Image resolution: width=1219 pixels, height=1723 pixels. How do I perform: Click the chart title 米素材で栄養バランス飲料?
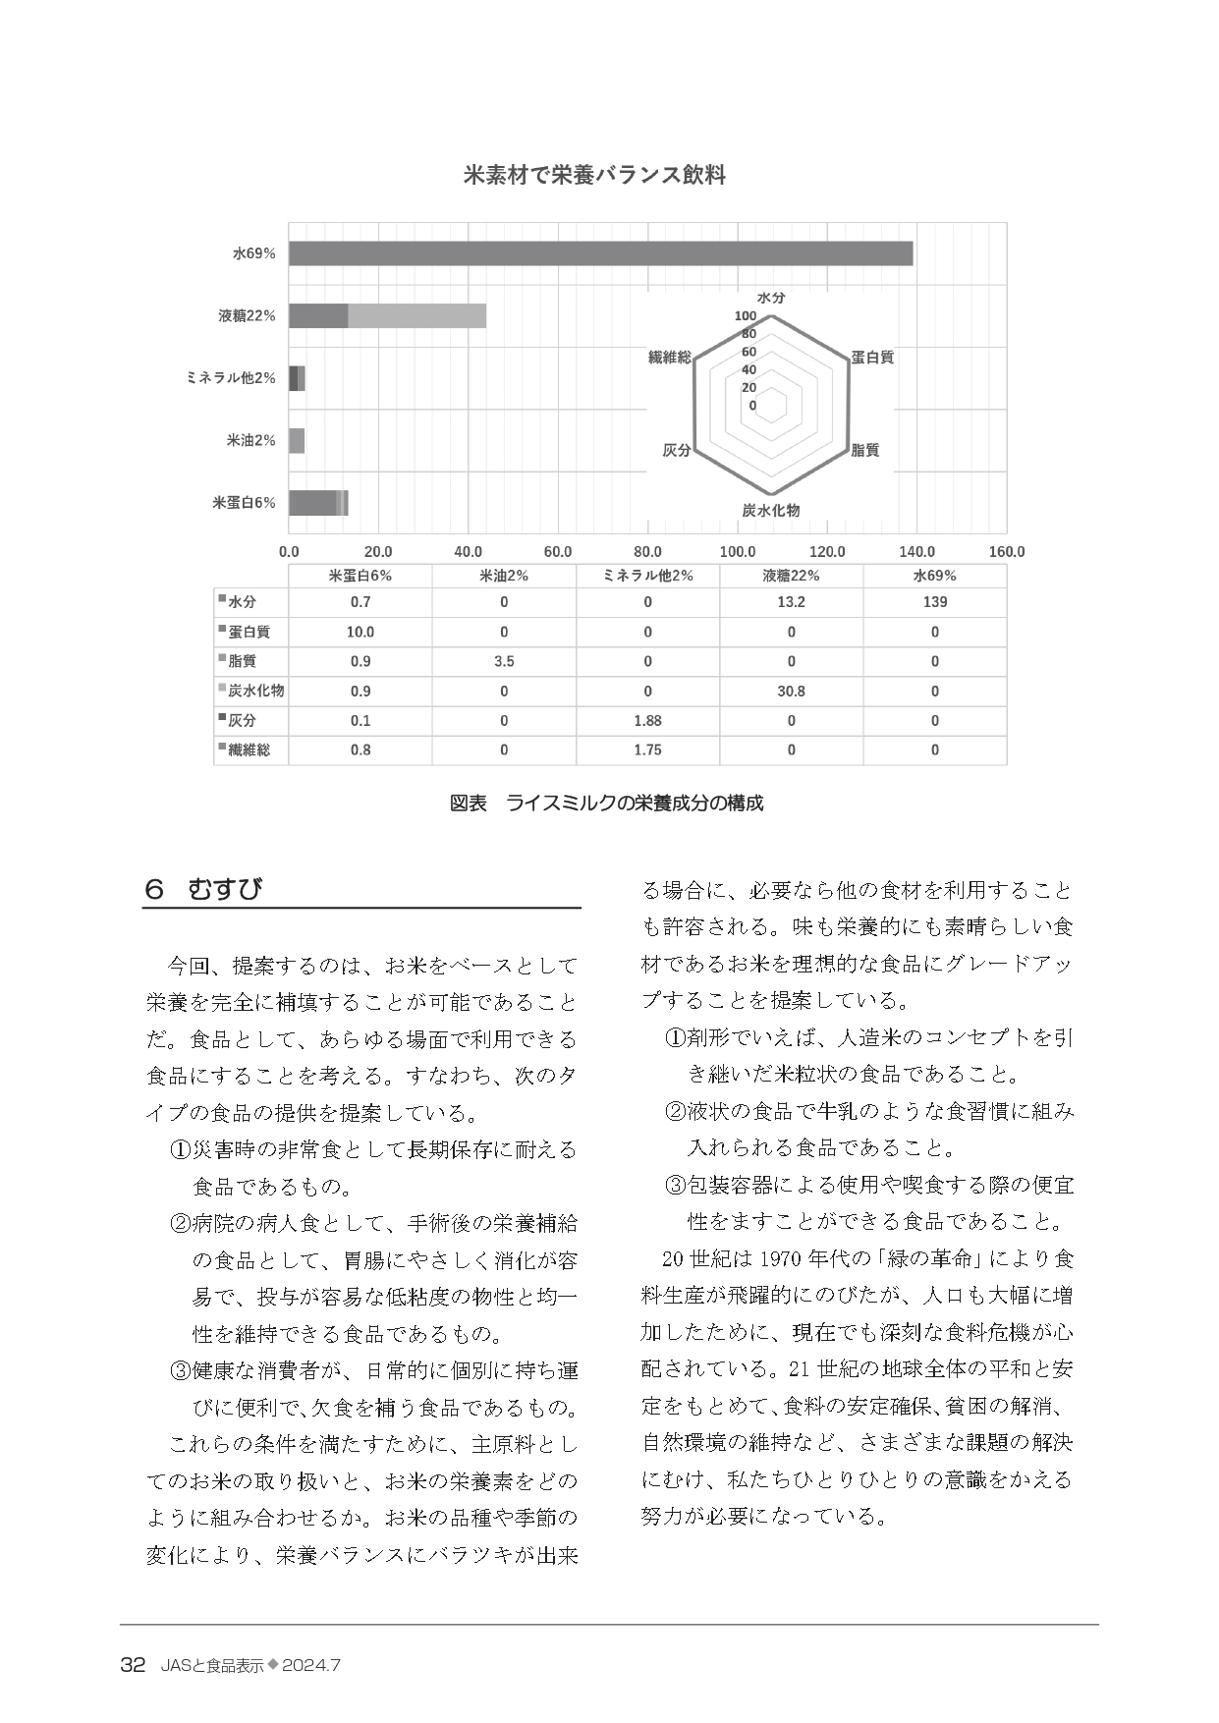pos(594,176)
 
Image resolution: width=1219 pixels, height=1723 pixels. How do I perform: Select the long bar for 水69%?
pos(600,253)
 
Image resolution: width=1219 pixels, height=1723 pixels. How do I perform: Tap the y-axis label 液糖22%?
pos(247,316)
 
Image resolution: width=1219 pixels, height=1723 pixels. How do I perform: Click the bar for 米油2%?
pos(297,441)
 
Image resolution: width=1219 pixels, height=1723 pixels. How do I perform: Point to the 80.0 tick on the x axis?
pos(647,552)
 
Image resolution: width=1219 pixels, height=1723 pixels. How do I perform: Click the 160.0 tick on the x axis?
pos(1006,552)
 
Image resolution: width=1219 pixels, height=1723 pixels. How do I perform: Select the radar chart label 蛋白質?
pos(872,358)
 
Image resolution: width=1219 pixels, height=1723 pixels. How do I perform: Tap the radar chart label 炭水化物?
pos(771,511)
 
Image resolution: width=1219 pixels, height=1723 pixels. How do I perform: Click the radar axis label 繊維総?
pos(670,358)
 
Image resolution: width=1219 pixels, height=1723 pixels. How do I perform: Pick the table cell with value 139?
pos(934,602)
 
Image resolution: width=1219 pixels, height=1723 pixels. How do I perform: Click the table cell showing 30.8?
pos(791,692)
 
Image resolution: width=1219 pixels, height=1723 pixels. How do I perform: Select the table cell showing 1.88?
pos(647,721)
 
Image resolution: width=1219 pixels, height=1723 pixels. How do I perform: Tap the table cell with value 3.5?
pos(504,662)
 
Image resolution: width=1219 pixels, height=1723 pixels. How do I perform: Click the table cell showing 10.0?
pos(360,633)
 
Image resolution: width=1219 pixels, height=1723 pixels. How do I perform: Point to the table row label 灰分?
pos(243,721)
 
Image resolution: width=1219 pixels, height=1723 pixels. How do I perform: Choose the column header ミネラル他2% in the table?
pos(647,576)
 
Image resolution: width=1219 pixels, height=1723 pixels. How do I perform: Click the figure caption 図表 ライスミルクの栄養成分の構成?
pos(606,804)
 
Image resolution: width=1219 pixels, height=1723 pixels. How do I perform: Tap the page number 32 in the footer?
pos(133,1666)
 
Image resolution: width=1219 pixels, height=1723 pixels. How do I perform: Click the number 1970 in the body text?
pos(781,1259)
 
